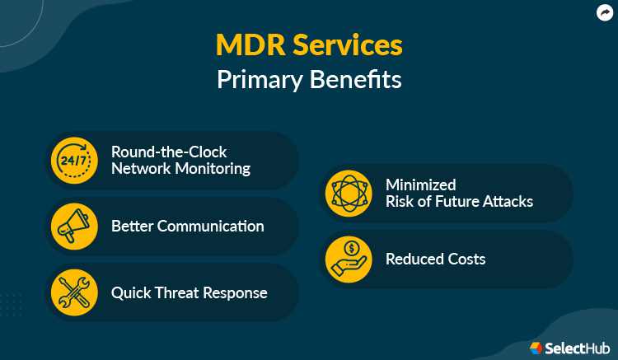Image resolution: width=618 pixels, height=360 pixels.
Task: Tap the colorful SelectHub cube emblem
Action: [x=536, y=348]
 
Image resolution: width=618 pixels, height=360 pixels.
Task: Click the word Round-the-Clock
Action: [x=169, y=152]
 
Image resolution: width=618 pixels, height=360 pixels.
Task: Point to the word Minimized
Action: [x=421, y=185]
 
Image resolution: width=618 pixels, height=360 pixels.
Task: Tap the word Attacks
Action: [x=507, y=201]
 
